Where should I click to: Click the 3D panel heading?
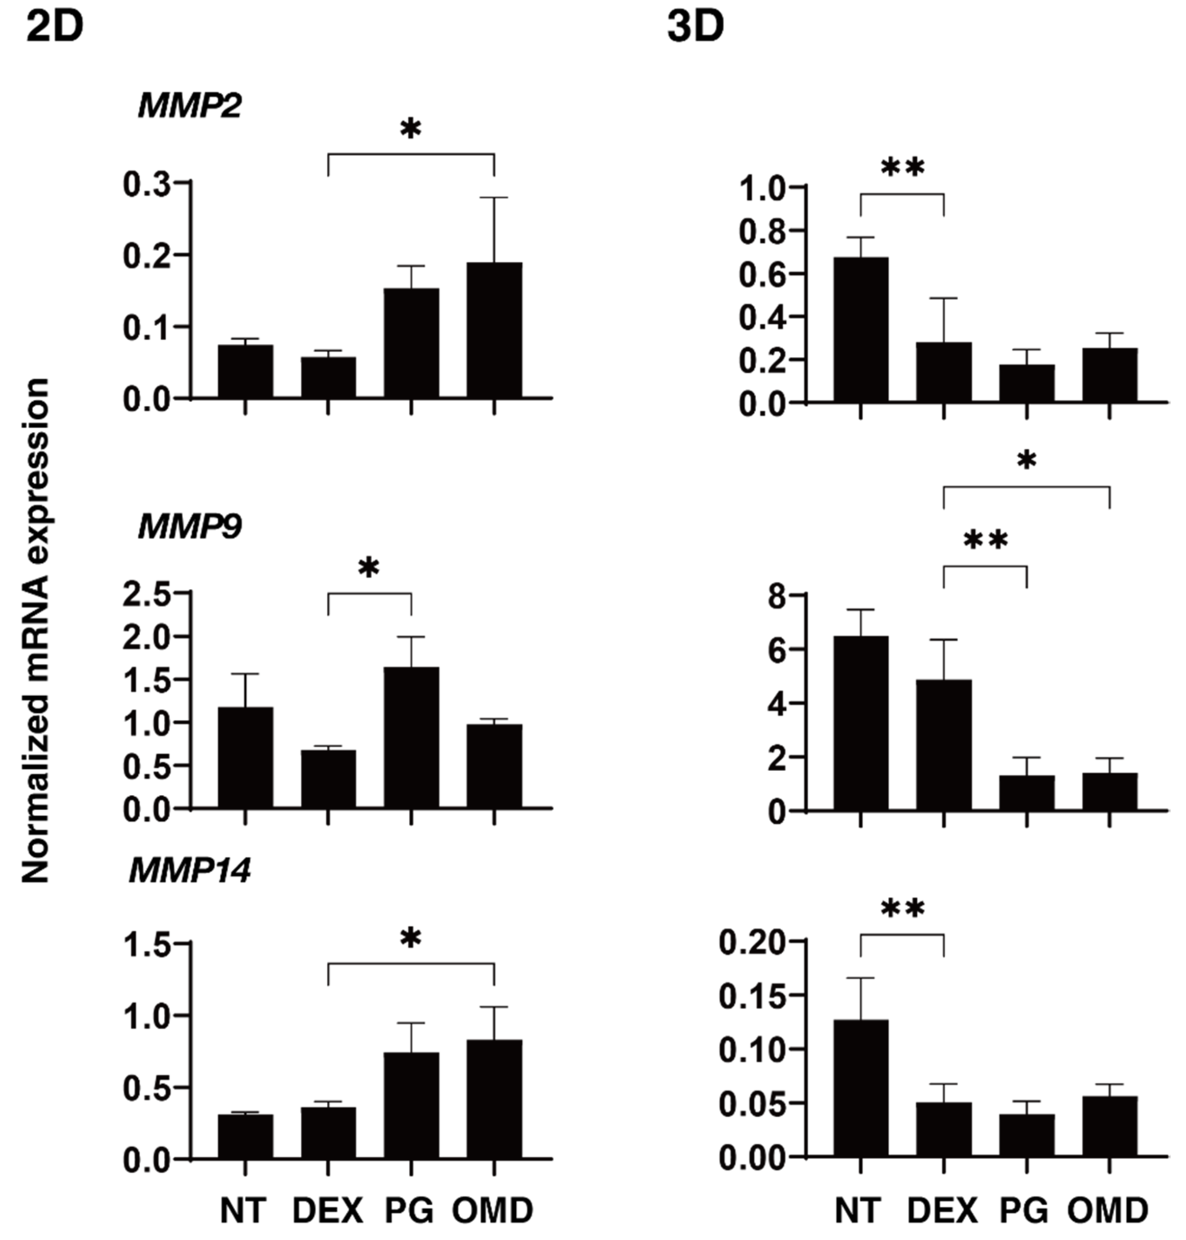pyautogui.click(x=696, y=28)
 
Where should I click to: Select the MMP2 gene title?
pyautogui.click(x=189, y=105)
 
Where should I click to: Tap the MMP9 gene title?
pyautogui.click(x=189, y=526)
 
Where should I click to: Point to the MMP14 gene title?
pyautogui.click(x=189, y=871)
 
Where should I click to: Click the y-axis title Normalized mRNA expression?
pyautogui.click(x=36, y=630)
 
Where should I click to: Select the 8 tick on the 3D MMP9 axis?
pyautogui.click(x=777, y=596)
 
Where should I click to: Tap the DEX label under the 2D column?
pyautogui.click(x=328, y=1211)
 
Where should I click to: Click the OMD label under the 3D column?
pyautogui.click(x=1108, y=1211)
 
